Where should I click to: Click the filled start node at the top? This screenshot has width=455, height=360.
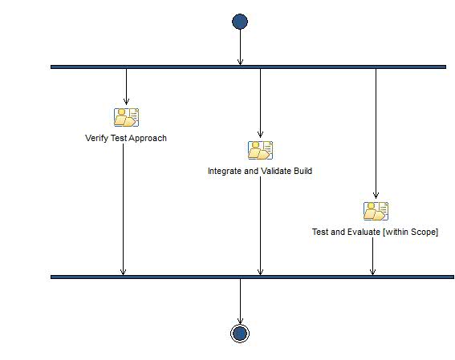coord(240,22)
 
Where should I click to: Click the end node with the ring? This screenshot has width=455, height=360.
coord(240,333)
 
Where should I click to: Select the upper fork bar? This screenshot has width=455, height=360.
coord(248,67)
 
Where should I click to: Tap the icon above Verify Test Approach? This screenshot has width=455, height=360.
coord(126,117)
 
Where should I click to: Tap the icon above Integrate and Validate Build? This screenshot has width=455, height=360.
coord(260,150)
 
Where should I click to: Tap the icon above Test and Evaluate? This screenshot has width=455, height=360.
coord(376,211)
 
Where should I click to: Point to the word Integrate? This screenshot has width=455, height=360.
coord(225,171)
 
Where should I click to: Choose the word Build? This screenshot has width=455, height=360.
coord(303,171)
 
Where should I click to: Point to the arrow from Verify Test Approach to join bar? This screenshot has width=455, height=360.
coord(123,208)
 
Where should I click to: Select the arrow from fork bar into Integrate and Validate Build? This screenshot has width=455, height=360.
coord(260,104)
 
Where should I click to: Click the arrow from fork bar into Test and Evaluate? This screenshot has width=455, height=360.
coord(376,132)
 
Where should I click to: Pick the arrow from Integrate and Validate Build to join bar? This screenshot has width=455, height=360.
coord(260,224)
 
